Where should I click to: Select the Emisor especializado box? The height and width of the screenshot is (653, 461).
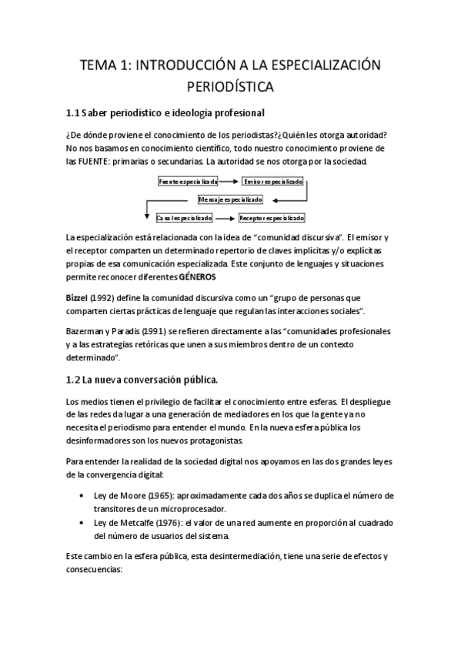(x=272, y=182)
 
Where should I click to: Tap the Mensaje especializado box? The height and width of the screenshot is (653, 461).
(x=231, y=199)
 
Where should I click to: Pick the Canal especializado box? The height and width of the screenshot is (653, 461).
(x=184, y=217)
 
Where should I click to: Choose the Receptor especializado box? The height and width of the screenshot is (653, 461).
(x=272, y=217)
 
